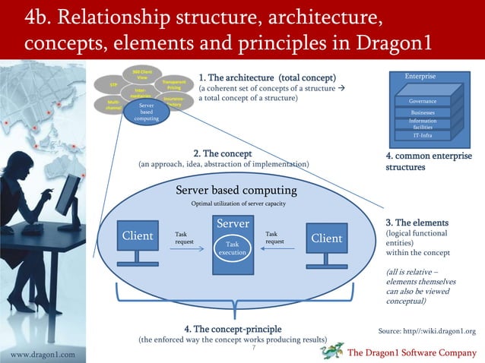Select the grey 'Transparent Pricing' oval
pos(173,85)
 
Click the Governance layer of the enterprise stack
pos(423,101)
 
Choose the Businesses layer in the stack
pos(423,112)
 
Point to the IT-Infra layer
pos(423,135)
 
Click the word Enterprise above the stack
pos(420,77)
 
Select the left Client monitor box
pos(138,236)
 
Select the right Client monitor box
pos(326,238)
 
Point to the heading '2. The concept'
pos(217,153)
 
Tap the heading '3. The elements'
pos(417,223)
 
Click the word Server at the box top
pos(233,225)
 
